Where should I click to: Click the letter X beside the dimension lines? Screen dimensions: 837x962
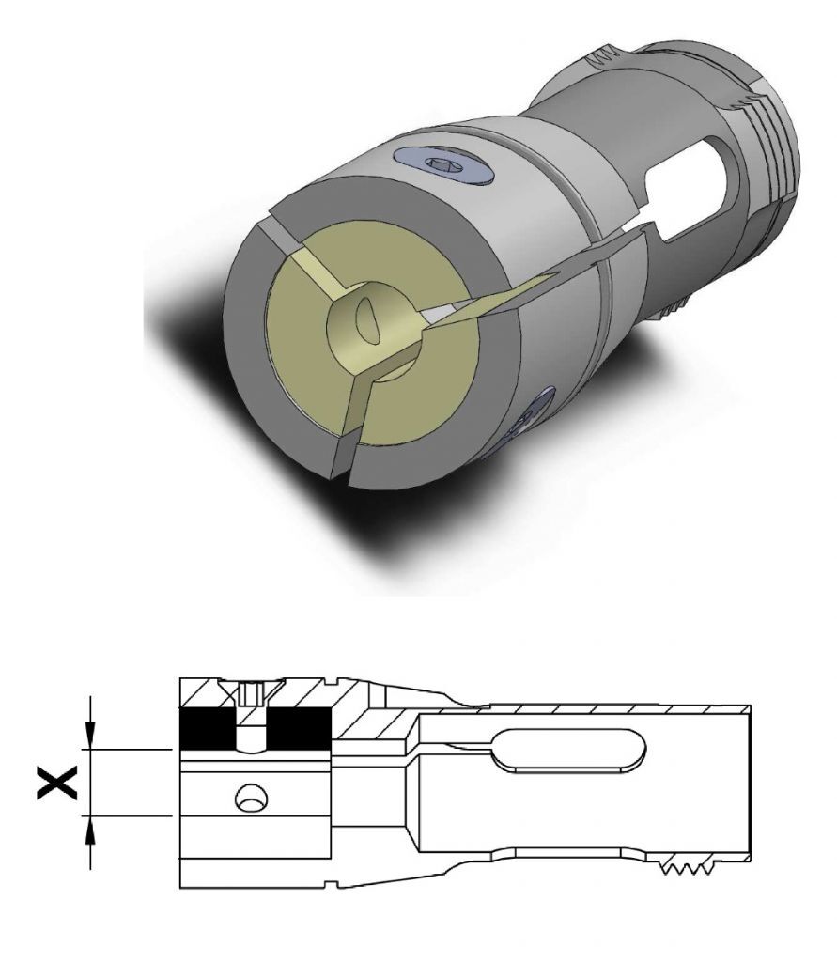pyautogui.click(x=57, y=783)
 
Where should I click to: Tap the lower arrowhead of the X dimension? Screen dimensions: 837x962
pyautogui.click(x=90, y=830)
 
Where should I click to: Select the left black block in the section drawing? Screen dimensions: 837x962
pyautogui.click(x=206, y=729)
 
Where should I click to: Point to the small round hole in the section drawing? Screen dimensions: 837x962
pyautogui.click(x=252, y=799)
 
